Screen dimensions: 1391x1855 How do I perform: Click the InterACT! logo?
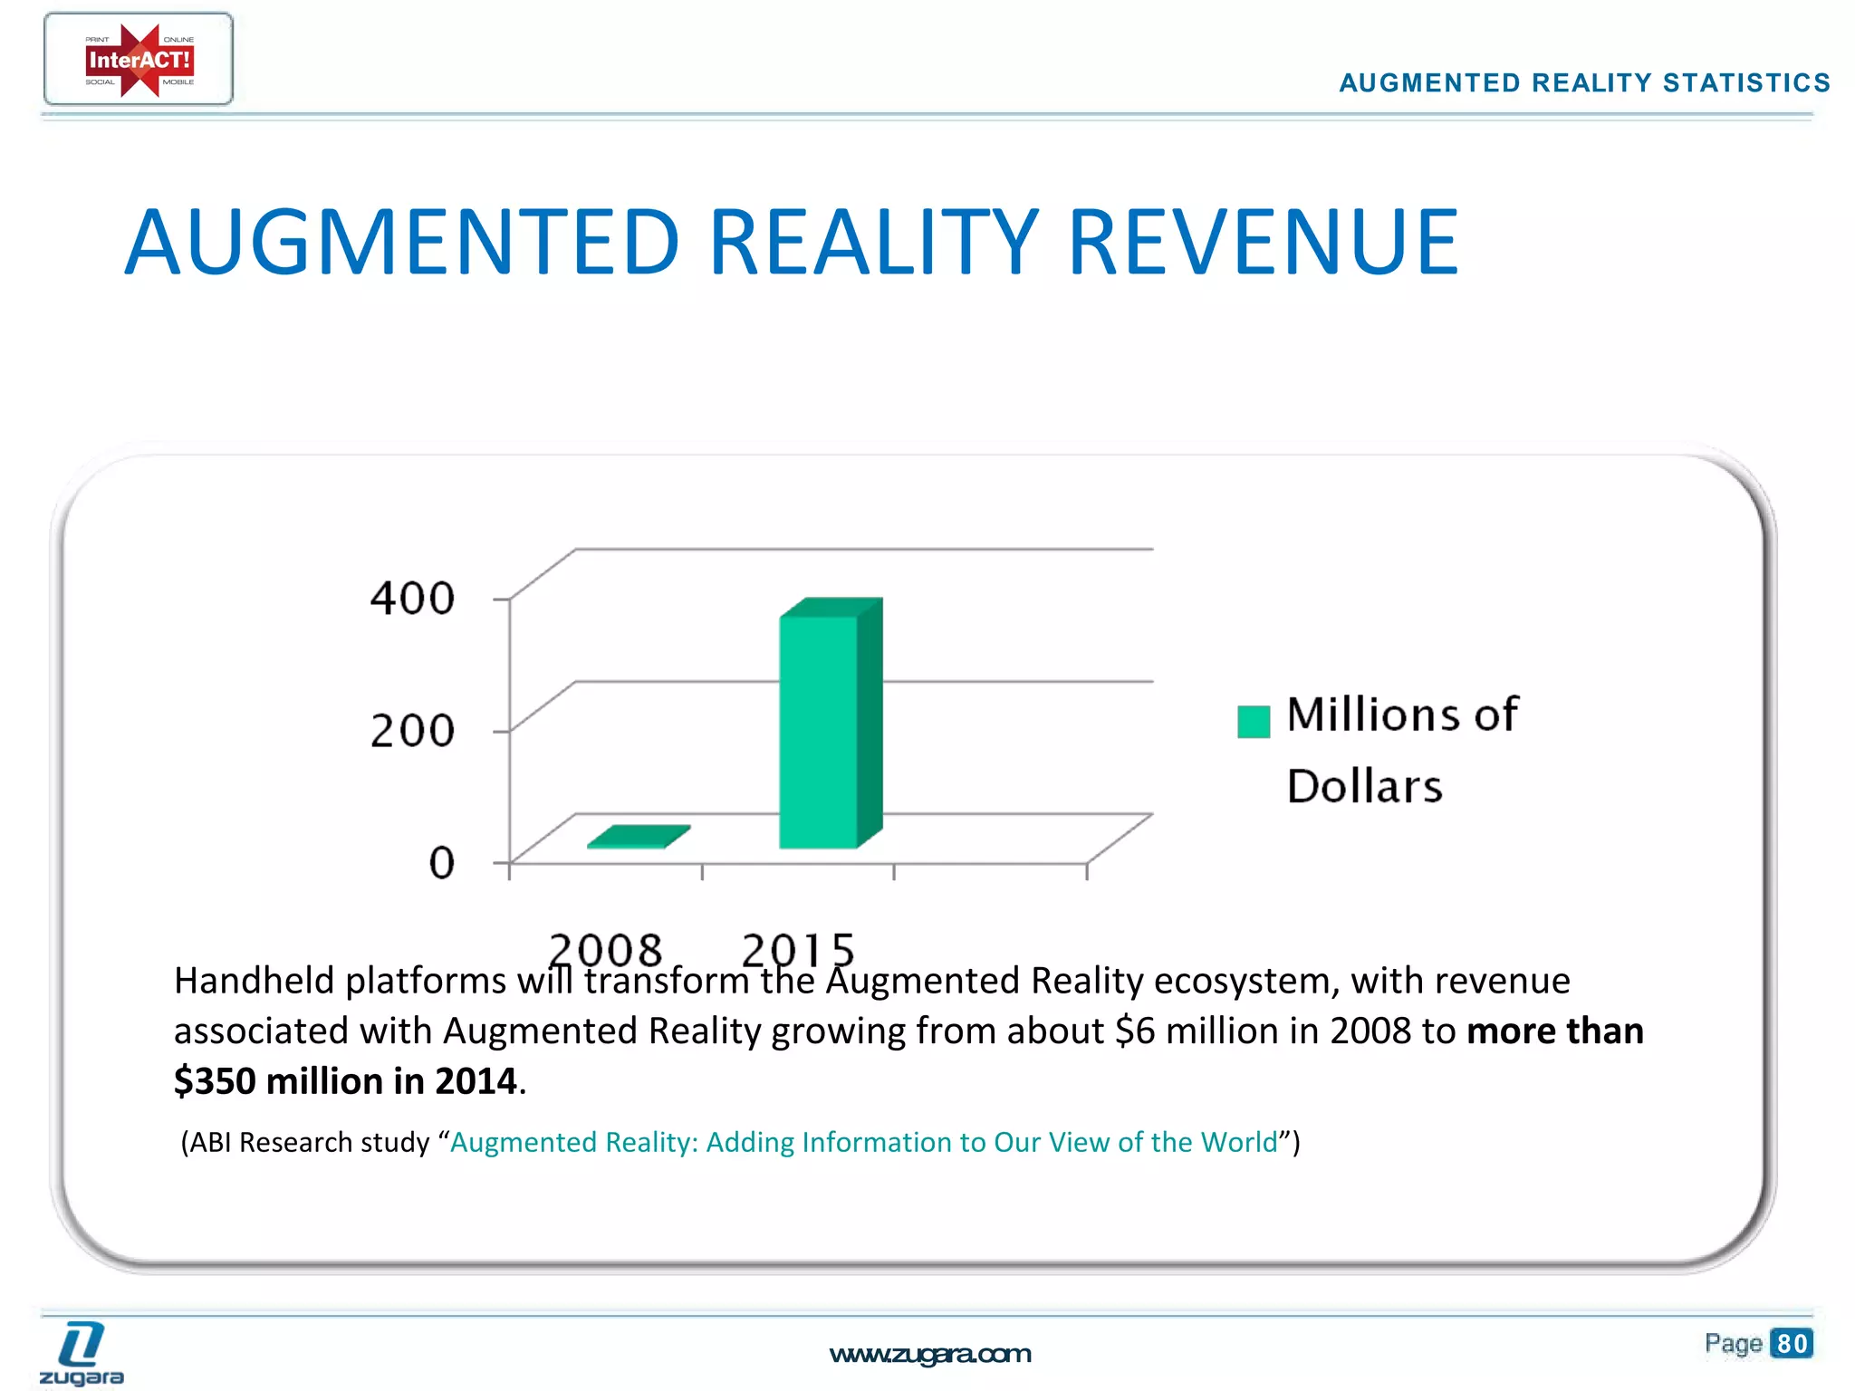[139, 60]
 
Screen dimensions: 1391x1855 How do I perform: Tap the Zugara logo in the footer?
[82, 1354]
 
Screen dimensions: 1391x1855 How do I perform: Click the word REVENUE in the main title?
[1264, 243]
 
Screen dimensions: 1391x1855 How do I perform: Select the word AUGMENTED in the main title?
[401, 243]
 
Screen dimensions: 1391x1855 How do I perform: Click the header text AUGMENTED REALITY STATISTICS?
[1584, 83]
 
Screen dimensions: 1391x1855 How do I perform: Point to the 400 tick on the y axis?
[412, 599]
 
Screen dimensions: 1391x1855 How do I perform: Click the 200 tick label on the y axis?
[412, 731]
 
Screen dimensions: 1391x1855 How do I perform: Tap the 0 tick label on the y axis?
[441, 863]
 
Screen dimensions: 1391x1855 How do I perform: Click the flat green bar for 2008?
[638, 837]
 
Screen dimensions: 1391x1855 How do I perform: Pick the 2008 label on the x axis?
[605, 950]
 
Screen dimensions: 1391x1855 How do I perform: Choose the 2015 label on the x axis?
[798, 950]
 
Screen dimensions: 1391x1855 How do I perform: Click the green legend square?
[1254, 722]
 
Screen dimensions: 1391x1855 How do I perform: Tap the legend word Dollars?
[1364, 786]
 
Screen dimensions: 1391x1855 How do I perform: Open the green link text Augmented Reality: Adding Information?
[863, 1142]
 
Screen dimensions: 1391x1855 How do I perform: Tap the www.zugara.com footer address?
[930, 1354]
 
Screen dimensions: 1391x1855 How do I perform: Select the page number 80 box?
[1792, 1343]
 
